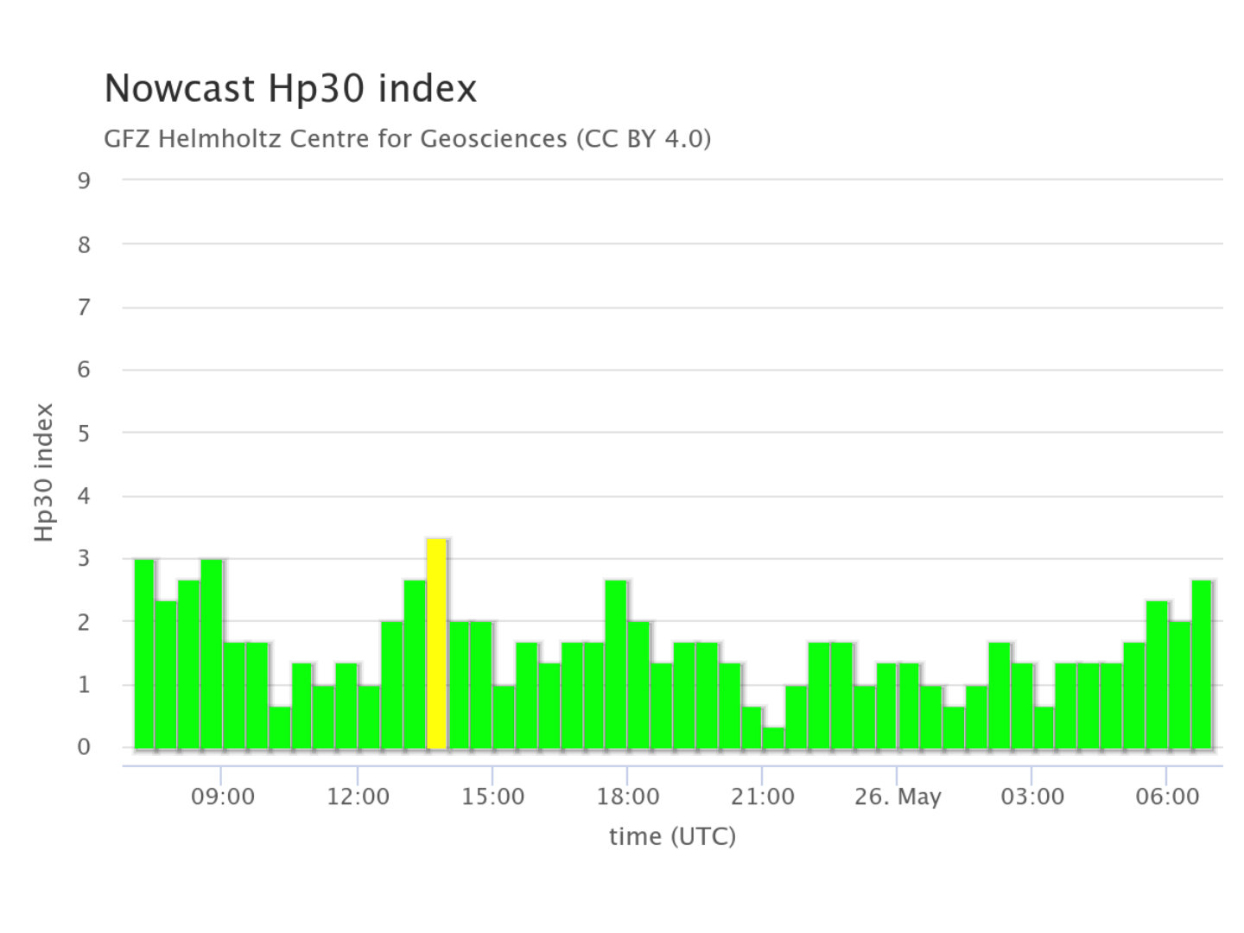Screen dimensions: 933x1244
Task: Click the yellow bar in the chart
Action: [x=436, y=644]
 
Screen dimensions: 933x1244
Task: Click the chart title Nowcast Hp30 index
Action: [x=290, y=88]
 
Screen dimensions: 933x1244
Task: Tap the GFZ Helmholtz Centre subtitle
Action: [x=407, y=138]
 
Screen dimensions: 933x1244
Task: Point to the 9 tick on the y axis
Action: [x=84, y=181]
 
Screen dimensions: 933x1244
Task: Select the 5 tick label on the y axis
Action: [x=84, y=433]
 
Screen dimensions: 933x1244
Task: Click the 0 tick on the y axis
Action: [x=84, y=747]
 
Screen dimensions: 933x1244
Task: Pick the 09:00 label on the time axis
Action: [x=222, y=797]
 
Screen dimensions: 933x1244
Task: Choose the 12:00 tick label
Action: [x=358, y=797]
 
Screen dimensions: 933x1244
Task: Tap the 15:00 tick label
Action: [x=492, y=797]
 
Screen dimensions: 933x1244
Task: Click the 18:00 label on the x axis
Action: [x=628, y=797]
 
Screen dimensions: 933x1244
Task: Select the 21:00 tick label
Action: [x=763, y=797]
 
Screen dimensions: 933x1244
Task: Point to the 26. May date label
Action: [x=898, y=797]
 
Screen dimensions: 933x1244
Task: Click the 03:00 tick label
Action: [x=1032, y=797]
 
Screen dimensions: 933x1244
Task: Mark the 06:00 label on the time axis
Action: [x=1167, y=797]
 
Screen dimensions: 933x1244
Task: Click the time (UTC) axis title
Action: [x=672, y=836]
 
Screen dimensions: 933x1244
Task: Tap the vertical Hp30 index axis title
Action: [x=44, y=473]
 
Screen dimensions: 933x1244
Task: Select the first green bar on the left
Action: [x=144, y=654]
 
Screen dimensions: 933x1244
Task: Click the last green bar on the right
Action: [x=1202, y=664]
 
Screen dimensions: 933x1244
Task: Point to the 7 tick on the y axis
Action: [x=84, y=307]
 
